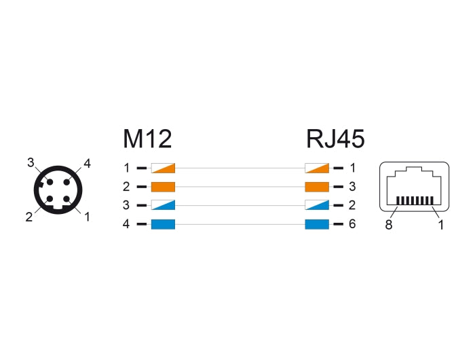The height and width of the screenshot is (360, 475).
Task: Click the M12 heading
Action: tap(147, 139)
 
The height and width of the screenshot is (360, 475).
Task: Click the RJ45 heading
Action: tap(335, 139)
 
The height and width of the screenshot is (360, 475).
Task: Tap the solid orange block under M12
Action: tap(163, 186)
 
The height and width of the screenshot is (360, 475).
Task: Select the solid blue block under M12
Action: tap(163, 224)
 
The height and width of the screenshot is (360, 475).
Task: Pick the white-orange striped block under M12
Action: tap(163, 167)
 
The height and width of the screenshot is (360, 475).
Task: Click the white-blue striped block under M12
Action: tap(163, 205)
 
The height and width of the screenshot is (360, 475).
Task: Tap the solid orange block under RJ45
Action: tap(317, 186)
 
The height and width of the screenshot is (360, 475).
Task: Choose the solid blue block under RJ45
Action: tap(317, 224)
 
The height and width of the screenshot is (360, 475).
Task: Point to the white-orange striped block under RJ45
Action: tap(317, 167)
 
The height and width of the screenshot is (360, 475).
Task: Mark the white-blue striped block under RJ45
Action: tap(317, 205)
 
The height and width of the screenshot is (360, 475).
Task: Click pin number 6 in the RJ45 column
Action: tap(352, 224)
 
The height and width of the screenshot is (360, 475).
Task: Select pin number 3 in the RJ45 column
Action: tap(352, 186)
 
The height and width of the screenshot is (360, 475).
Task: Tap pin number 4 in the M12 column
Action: tap(126, 224)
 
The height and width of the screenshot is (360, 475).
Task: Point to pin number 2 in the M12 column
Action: tap(126, 186)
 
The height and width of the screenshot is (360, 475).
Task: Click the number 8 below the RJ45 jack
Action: tap(389, 225)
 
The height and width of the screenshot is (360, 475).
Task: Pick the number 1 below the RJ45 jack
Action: tap(440, 225)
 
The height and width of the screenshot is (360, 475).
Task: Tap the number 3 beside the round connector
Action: tap(30, 162)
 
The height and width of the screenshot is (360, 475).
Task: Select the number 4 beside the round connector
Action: tap(87, 162)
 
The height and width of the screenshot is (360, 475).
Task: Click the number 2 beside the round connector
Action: tap(29, 217)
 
